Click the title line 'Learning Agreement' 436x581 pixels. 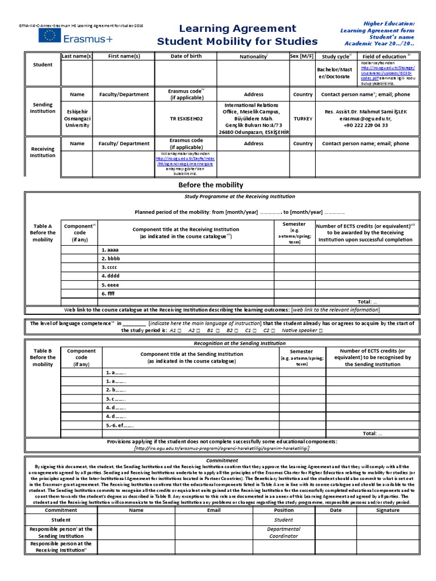237,28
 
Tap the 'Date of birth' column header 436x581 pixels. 187,56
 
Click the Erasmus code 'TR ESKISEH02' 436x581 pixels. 187,119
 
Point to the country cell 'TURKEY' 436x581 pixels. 303,119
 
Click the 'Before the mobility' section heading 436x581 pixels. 210,185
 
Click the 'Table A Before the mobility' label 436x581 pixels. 43,233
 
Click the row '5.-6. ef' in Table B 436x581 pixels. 119,424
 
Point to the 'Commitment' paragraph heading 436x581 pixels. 218,460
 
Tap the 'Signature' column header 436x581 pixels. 388,510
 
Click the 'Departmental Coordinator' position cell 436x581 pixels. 283,532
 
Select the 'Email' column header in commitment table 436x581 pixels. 213,510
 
